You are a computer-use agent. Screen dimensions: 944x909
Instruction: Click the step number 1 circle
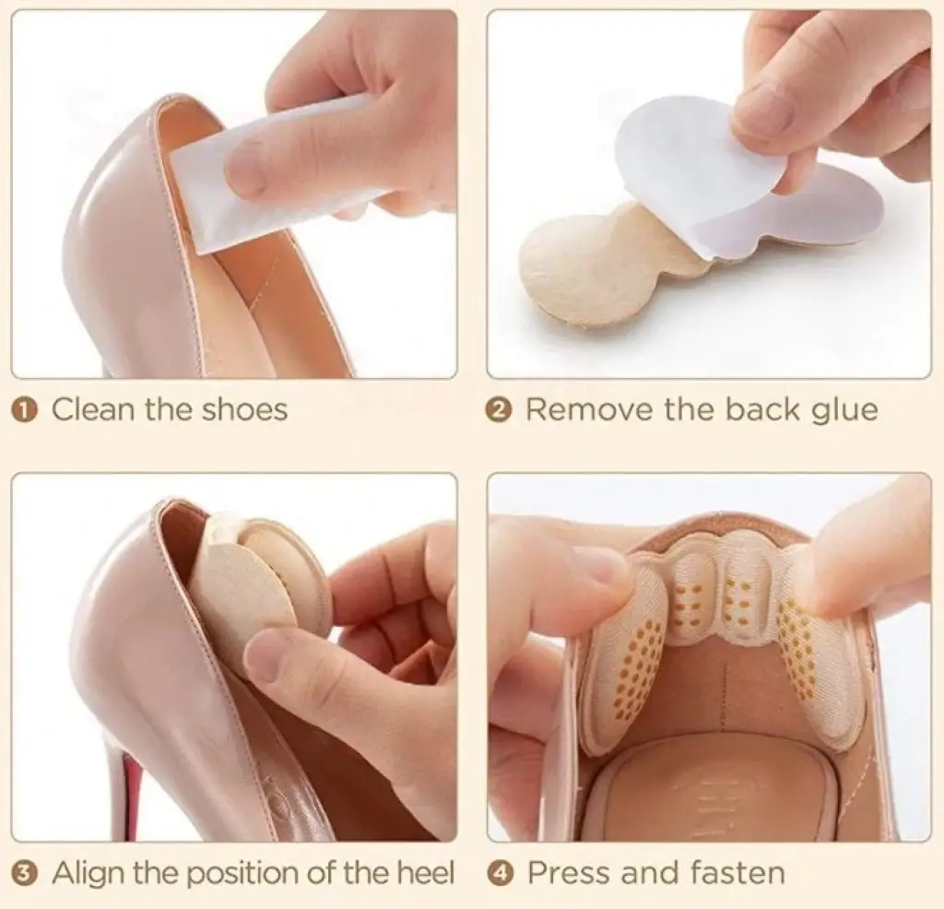[x=25, y=411]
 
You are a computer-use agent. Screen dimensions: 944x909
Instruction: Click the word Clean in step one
[x=93, y=410]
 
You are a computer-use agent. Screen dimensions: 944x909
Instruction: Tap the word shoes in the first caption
[x=244, y=410]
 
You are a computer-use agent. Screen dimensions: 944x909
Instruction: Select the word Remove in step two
[x=589, y=410]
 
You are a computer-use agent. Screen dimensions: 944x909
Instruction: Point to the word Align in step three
[x=89, y=873]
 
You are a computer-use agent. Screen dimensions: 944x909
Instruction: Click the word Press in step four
[x=569, y=873]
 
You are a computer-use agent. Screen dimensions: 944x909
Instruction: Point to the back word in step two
[x=763, y=409]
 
